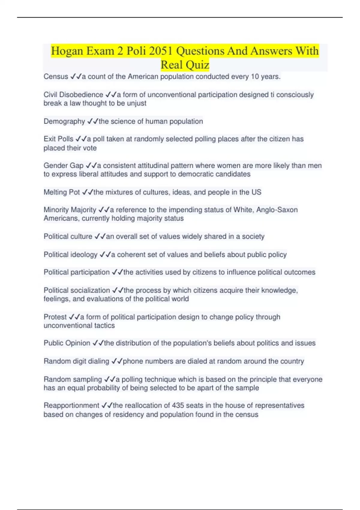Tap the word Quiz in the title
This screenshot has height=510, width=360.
tap(197, 64)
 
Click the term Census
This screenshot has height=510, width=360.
tap(56, 77)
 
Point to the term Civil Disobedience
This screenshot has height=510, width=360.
tap(73, 95)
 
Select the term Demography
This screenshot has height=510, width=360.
tap(64, 121)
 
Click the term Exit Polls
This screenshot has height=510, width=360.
tap(58, 139)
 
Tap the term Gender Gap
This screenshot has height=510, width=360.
tap(63, 166)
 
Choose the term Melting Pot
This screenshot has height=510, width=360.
tap(61, 192)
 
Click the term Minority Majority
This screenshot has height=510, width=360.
tap(70, 210)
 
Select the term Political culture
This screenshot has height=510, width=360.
tap(68, 237)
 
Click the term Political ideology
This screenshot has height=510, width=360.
tap(70, 255)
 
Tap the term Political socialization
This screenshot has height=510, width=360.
tap(76, 290)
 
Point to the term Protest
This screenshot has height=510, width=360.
tap(55, 317)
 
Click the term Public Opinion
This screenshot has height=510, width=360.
tap(67, 343)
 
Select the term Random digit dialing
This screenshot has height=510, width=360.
tap(76, 361)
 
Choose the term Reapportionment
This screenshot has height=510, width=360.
tap(71, 406)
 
